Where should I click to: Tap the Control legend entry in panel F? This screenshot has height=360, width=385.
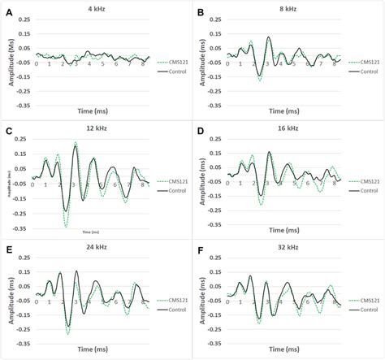(367, 310)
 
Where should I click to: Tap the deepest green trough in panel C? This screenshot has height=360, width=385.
(64, 224)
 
